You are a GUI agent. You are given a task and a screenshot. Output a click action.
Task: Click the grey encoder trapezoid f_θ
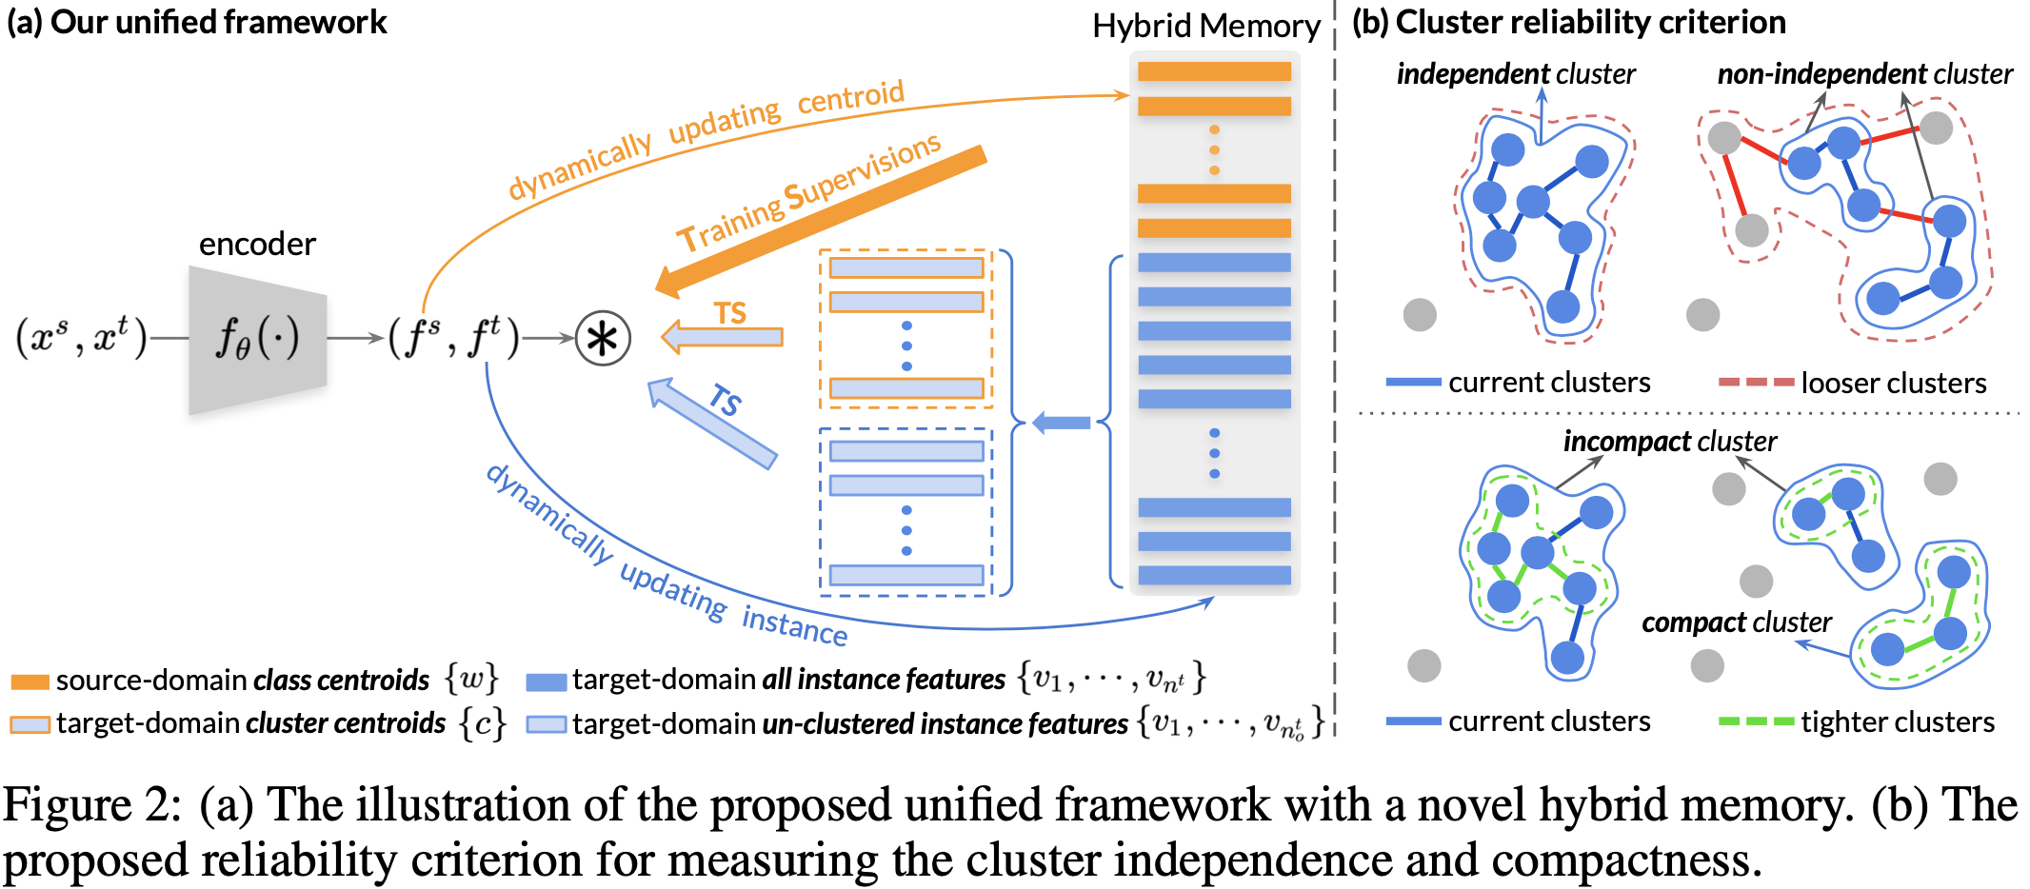tap(257, 339)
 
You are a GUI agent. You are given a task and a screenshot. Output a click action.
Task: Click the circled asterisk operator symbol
tap(603, 338)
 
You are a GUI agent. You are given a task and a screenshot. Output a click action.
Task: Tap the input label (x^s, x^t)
tap(82, 338)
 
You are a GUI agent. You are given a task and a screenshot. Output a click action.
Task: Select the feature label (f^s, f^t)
tap(453, 338)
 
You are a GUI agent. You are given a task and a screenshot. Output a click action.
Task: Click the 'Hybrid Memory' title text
tap(1205, 27)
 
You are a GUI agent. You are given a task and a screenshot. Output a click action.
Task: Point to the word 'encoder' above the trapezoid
tap(257, 245)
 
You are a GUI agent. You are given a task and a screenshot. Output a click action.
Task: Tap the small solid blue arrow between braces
tap(1061, 423)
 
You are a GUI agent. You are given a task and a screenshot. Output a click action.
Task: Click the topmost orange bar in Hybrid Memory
tap(1214, 71)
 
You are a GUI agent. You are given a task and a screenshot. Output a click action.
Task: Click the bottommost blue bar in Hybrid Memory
tap(1214, 575)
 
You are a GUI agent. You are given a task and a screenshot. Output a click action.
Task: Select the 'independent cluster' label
tap(1516, 74)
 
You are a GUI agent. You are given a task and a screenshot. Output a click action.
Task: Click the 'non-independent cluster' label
tap(1864, 74)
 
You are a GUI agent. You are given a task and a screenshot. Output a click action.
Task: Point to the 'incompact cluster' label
tap(1669, 442)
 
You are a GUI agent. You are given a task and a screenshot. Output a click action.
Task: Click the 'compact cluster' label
tap(1736, 622)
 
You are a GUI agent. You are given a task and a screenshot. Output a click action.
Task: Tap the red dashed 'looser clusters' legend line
tap(1756, 383)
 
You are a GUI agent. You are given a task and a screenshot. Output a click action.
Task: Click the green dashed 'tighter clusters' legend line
tap(1756, 721)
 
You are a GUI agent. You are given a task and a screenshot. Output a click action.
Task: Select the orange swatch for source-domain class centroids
tap(30, 682)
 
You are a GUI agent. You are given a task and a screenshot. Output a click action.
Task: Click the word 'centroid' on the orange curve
tap(850, 96)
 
